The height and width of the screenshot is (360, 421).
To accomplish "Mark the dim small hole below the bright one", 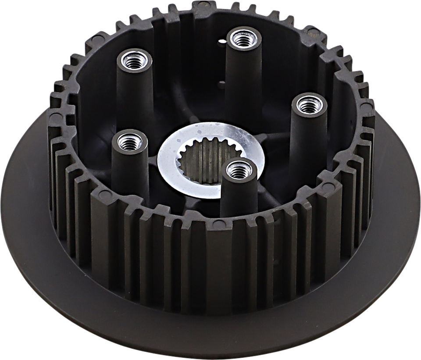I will [222, 82].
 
